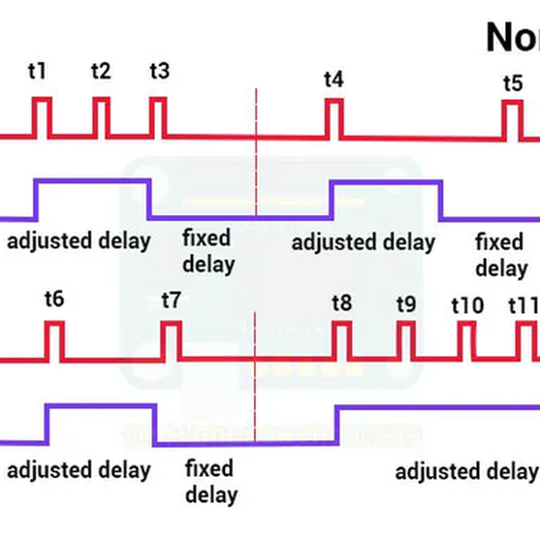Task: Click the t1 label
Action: click(x=38, y=71)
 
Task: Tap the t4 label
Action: click(x=333, y=79)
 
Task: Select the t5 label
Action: click(x=512, y=84)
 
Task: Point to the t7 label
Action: click(x=171, y=299)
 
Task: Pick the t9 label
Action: click(x=406, y=303)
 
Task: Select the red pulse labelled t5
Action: click(x=512, y=120)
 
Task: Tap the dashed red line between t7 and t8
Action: click(x=256, y=378)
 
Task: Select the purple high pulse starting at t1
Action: click(x=91, y=182)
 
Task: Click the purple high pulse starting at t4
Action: click(x=387, y=182)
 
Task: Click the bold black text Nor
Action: click(x=512, y=37)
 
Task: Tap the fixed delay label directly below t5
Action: click(x=499, y=255)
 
